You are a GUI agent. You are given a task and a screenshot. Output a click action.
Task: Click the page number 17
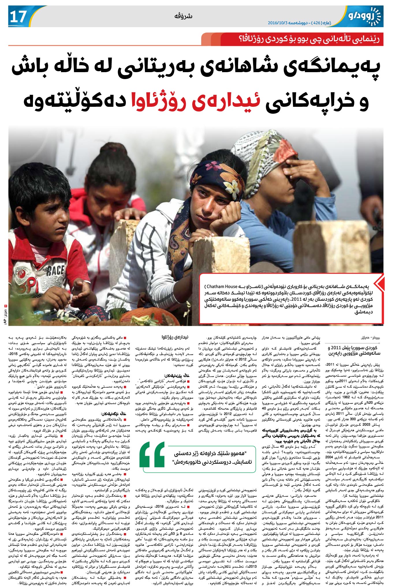(x=18, y=17)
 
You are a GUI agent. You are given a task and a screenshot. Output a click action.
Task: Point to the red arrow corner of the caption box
(x=381, y=283)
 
